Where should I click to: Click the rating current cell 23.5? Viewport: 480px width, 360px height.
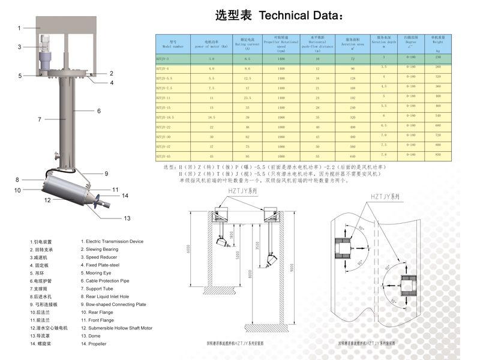(247, 97)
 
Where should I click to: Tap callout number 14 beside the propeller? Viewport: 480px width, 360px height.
(125, 196)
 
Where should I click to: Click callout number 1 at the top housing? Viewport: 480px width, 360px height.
(19, 28)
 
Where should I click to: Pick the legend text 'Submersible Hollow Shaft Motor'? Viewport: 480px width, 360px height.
(121, 328)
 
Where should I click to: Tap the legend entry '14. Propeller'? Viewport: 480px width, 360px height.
(94, 344)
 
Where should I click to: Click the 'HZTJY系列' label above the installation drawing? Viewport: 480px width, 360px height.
(240, 191)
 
